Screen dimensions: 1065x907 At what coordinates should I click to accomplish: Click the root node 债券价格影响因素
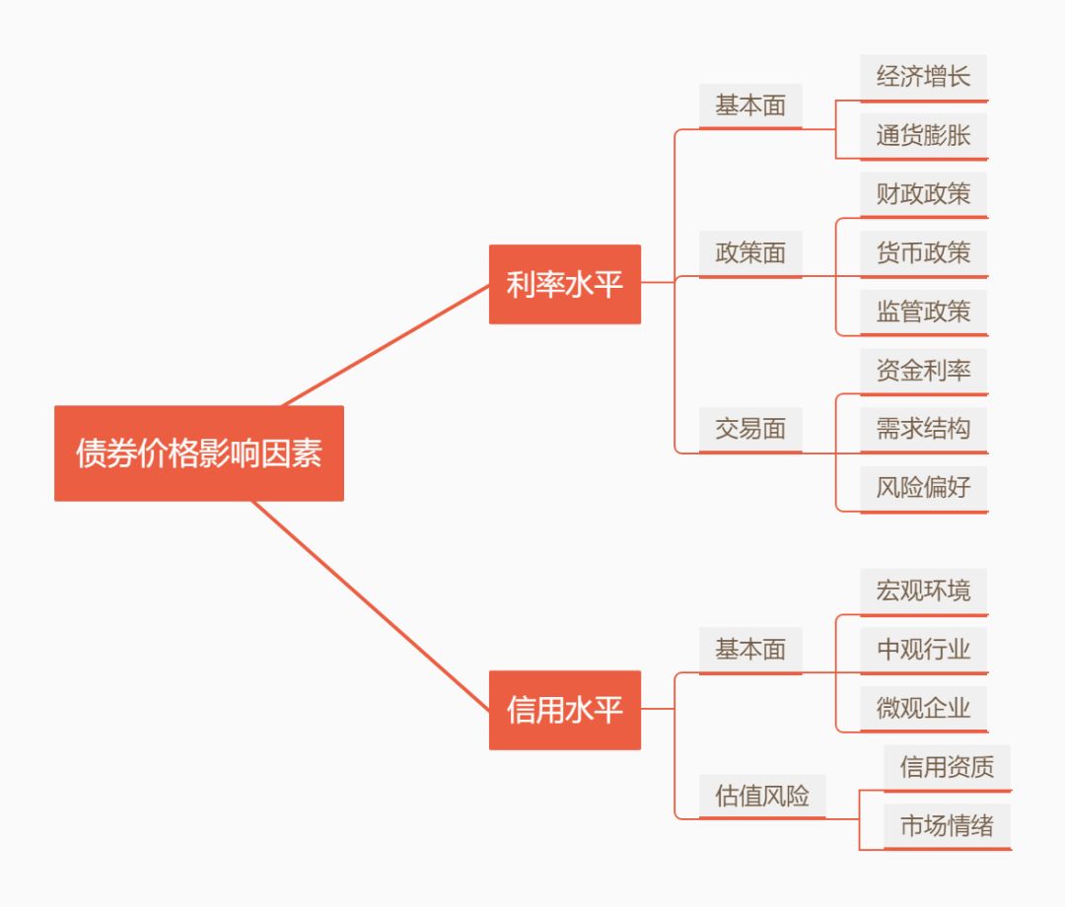pyautogui.click(x=199, y=453)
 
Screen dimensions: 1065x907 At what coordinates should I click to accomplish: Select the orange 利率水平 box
pyautogui.click(x=565, y=284)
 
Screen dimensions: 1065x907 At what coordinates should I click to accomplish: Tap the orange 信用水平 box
pyautogui.click(x=565, y=710)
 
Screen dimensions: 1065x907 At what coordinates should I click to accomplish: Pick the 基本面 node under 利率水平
pyautogui.click(x=750, y=105)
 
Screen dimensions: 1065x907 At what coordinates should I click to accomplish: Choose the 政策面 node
pyautogui.click(x=750, y=253)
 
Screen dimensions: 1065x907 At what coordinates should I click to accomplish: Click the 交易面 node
pyautogui.click(x=750, y=430)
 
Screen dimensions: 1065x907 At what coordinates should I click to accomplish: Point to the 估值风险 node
pyautogui.click(x=762, y=797)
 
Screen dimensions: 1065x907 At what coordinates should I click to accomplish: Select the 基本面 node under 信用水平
pyautogui.click(x=750, y=650)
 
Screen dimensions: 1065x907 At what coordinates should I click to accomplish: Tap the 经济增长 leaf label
pyautogui.click(x=924, y=78)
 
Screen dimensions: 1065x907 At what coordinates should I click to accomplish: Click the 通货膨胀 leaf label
pyautogui.click(x=924, y=136)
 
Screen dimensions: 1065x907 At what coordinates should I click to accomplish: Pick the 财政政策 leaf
pyautogui.click(x=924, y=195)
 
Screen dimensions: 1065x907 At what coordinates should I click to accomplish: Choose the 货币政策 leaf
pyautogui.click(x=924, y=253)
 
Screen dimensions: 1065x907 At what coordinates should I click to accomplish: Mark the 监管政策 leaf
pyautogui.click(x=924, y=313)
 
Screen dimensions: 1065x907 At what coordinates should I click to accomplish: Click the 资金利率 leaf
pyautogui.click(x=924, y=371)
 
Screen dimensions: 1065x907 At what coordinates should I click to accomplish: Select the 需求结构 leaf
pyautogui.click(x=924, y=430)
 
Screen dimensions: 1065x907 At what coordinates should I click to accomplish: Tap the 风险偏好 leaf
pyautogui.click(x=924, y=488)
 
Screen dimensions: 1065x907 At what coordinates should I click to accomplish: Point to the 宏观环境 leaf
pyautogui.click(x=924, y=592)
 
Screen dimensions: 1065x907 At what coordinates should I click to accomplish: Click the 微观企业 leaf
pyautogui.click(x=924, y=709)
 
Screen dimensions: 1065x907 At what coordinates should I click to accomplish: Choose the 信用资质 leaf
pyautogui.click(x=948, y=768)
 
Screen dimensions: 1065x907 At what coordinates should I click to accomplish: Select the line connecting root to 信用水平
pyautogui.click(x=371, y=606)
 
